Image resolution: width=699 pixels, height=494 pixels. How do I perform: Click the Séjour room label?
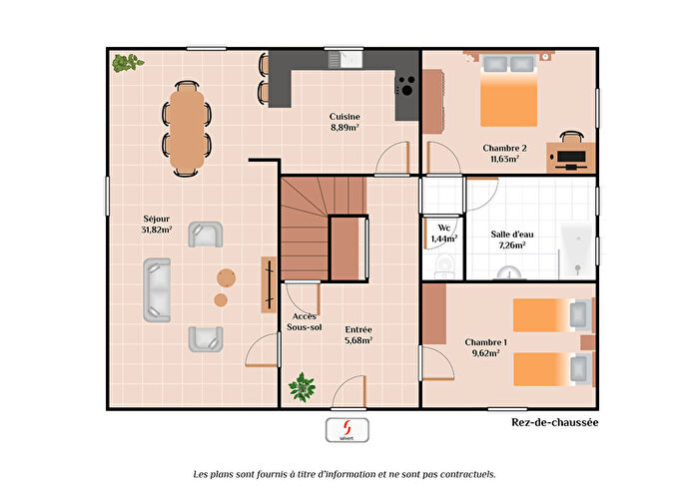[x=157, y=224]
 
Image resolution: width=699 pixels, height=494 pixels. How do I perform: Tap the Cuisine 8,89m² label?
[x=345, y=122]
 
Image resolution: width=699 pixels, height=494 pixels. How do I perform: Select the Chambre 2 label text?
[x=504, y=153]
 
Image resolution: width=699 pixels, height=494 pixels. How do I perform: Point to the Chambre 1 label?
[x=485, y=347]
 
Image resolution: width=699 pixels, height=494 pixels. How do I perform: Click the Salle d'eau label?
[x=508, y=240]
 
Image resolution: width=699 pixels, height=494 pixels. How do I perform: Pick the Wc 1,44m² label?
[x=443, y=235]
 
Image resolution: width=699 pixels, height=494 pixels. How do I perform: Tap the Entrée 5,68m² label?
[x=358, y=334]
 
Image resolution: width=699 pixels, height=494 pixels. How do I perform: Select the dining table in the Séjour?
[x=188, y=124]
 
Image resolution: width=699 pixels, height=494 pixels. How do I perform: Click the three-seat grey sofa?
[x=157, y=290]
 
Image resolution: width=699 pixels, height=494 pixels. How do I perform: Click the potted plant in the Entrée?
[x=302, y=385]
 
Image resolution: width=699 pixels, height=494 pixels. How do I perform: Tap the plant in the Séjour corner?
[x=127, y=63]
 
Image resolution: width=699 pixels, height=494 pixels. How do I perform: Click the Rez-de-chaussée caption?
[x=547, y=423]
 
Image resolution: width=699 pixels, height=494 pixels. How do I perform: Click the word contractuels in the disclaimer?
[x=463, y=475]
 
